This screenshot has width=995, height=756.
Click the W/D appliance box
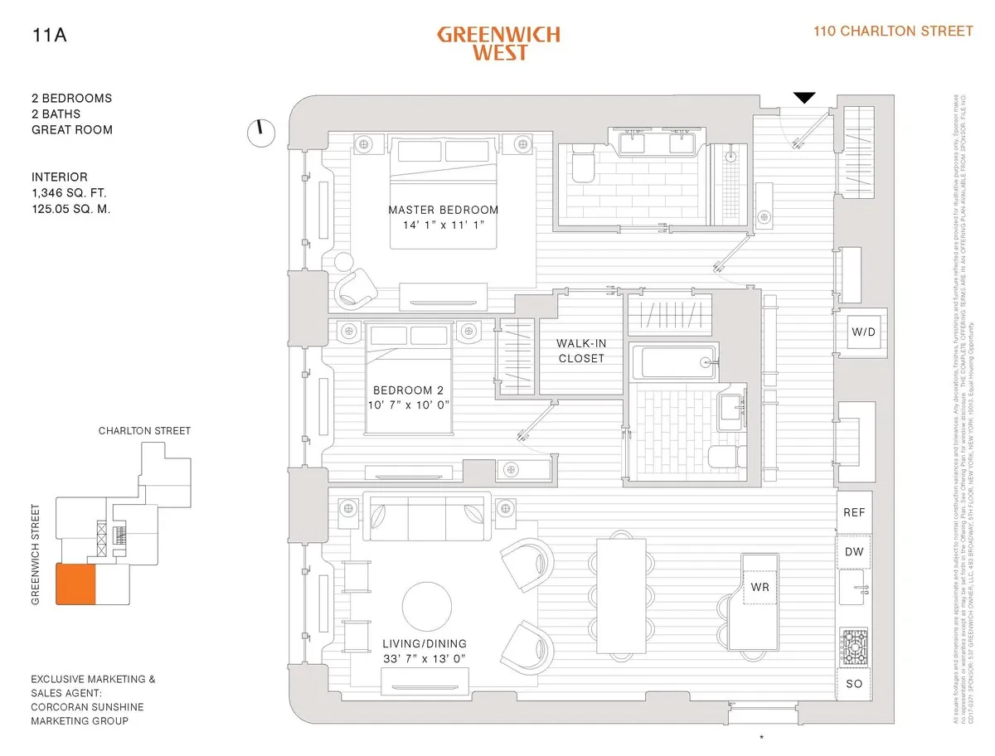point(862,332)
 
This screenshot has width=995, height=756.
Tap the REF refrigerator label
point(854,512)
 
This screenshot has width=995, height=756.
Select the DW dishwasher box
point(854,552)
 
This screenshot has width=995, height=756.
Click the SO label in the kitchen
point(854,684)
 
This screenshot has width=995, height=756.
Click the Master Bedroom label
point(444,210)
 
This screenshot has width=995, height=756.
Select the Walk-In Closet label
point(580,351)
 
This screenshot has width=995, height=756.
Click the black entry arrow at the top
point(804,98)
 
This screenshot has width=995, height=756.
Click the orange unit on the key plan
point(75,584)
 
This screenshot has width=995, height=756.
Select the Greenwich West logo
point(498,43)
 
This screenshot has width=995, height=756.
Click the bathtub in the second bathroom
point(672,362)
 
